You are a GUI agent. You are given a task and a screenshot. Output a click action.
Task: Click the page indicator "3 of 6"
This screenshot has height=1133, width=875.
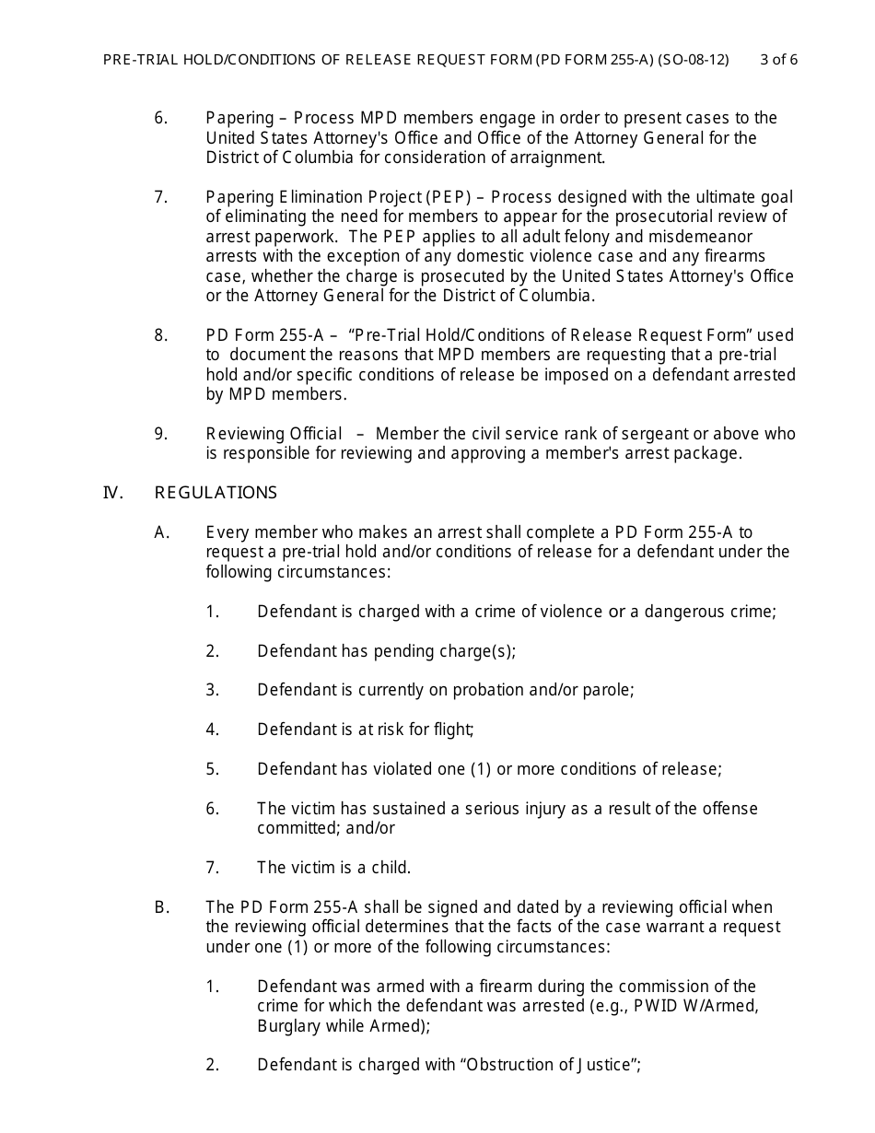point(778,60)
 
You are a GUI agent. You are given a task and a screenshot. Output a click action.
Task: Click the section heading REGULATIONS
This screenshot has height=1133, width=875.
point(216,493)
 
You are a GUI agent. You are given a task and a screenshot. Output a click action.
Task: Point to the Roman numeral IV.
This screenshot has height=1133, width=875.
point(113,493)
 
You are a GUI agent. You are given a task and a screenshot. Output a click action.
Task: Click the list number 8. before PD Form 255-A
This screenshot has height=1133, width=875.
point(161,335)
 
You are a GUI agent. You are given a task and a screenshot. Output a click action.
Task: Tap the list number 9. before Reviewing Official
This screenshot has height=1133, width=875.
point(161,434)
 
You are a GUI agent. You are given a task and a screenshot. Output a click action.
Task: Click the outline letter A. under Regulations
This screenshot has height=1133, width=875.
point(162,532)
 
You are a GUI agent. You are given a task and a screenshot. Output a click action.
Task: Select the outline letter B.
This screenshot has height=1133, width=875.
point(162,907)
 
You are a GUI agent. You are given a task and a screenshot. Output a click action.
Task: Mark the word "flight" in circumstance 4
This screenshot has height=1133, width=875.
point(451,730)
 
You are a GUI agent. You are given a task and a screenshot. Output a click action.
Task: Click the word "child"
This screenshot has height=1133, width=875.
point(389,868)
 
